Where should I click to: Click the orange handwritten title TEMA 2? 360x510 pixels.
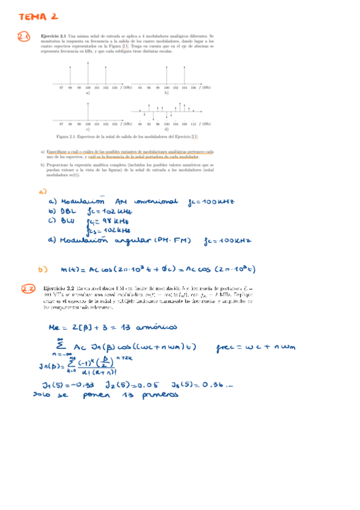(x=38, y=17)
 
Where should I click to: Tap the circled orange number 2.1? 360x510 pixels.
(x=25, y=38)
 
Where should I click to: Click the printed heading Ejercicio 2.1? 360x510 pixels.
(x=53, y=36)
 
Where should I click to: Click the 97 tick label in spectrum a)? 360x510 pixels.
(x=61, y=88)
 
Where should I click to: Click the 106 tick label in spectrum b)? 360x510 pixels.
(x=193, y=88)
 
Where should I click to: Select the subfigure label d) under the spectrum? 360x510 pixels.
(x=166, y=129)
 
